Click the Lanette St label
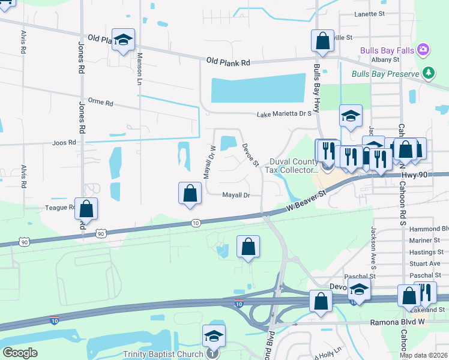pos(369,13)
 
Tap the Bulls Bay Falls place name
pos(387,50)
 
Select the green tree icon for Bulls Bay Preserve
pos(428,73)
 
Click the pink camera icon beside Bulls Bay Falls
pos(423,49)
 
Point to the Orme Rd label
pos(100,103)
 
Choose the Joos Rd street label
pos(64,143)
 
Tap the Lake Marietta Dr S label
pos(284,114)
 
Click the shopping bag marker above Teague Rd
pos(86,208)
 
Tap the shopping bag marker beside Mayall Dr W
pos(190,193)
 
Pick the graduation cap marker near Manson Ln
pos(124,40)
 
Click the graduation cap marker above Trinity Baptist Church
pos(213,336)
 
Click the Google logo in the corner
pos(20,353)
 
